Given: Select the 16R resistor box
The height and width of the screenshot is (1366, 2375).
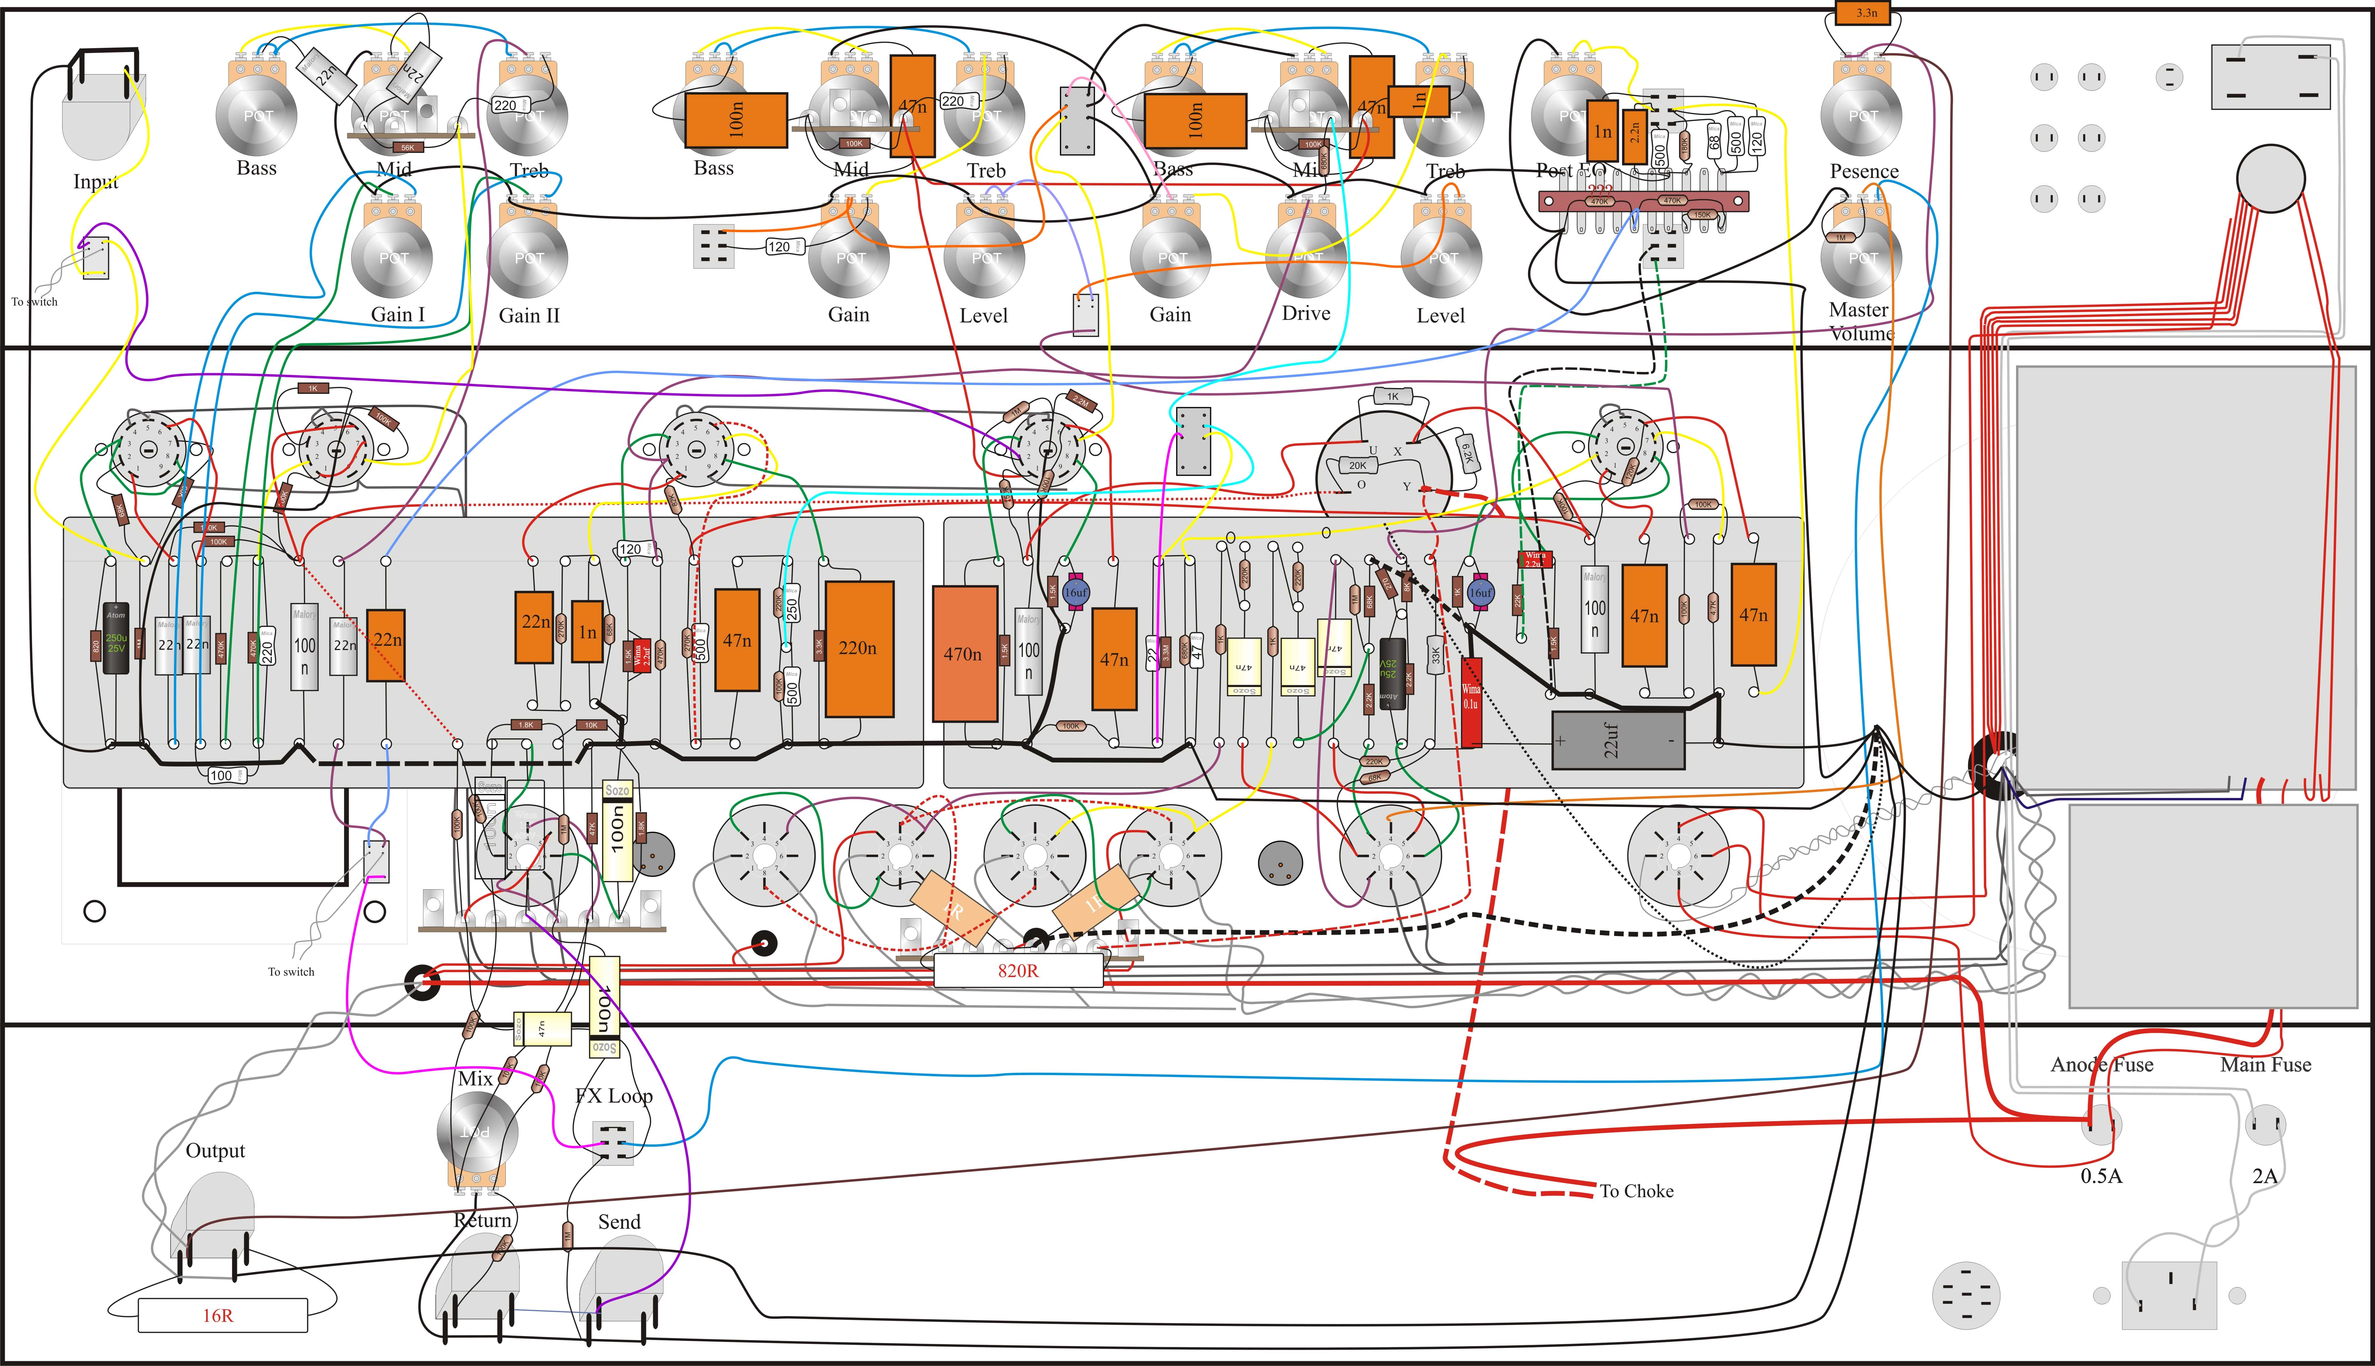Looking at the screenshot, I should (x=222, y=1315).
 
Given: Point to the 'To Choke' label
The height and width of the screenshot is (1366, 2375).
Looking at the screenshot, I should (x=1636, y=1191).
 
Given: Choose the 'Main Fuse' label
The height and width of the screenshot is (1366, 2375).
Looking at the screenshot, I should (x=2265, y=1065).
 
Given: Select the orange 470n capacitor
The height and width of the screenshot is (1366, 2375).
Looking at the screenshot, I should (x=964, y=654).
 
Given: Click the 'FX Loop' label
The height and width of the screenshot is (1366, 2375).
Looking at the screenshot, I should (x=614, y=1096).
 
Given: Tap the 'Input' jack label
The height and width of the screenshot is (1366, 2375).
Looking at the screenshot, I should (x=96, y=181).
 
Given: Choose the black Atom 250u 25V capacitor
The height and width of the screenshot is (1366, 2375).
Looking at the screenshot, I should (x=116, y=638).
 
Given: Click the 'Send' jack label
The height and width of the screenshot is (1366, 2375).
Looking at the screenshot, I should (x=619, y=1222).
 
